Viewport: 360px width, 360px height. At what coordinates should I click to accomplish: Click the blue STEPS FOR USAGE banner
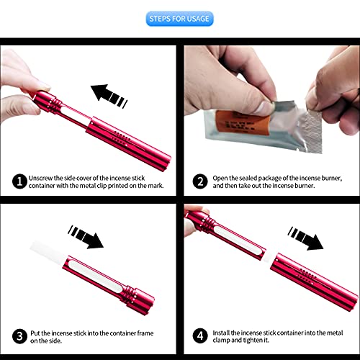[179, 19]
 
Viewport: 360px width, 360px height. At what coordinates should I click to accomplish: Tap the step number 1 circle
[19, 181]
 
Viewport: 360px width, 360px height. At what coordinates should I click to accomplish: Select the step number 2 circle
[200, 181]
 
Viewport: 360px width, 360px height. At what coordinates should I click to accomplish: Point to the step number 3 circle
[19, 336]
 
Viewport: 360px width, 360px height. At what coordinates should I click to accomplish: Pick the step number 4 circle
[200, 336]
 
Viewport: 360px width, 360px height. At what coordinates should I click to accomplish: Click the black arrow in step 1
[109, 96]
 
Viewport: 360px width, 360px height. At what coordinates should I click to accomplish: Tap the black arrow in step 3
[86, 237]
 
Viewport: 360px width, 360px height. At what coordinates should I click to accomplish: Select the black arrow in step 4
[305, 238]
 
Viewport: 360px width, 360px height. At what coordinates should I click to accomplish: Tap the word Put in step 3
[35, 333]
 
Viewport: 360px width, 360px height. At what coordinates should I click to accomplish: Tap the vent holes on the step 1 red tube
[122, 137]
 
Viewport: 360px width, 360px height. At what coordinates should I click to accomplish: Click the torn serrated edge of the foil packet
[311, 131]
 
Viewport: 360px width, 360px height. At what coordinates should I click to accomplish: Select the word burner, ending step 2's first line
[332, 179]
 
